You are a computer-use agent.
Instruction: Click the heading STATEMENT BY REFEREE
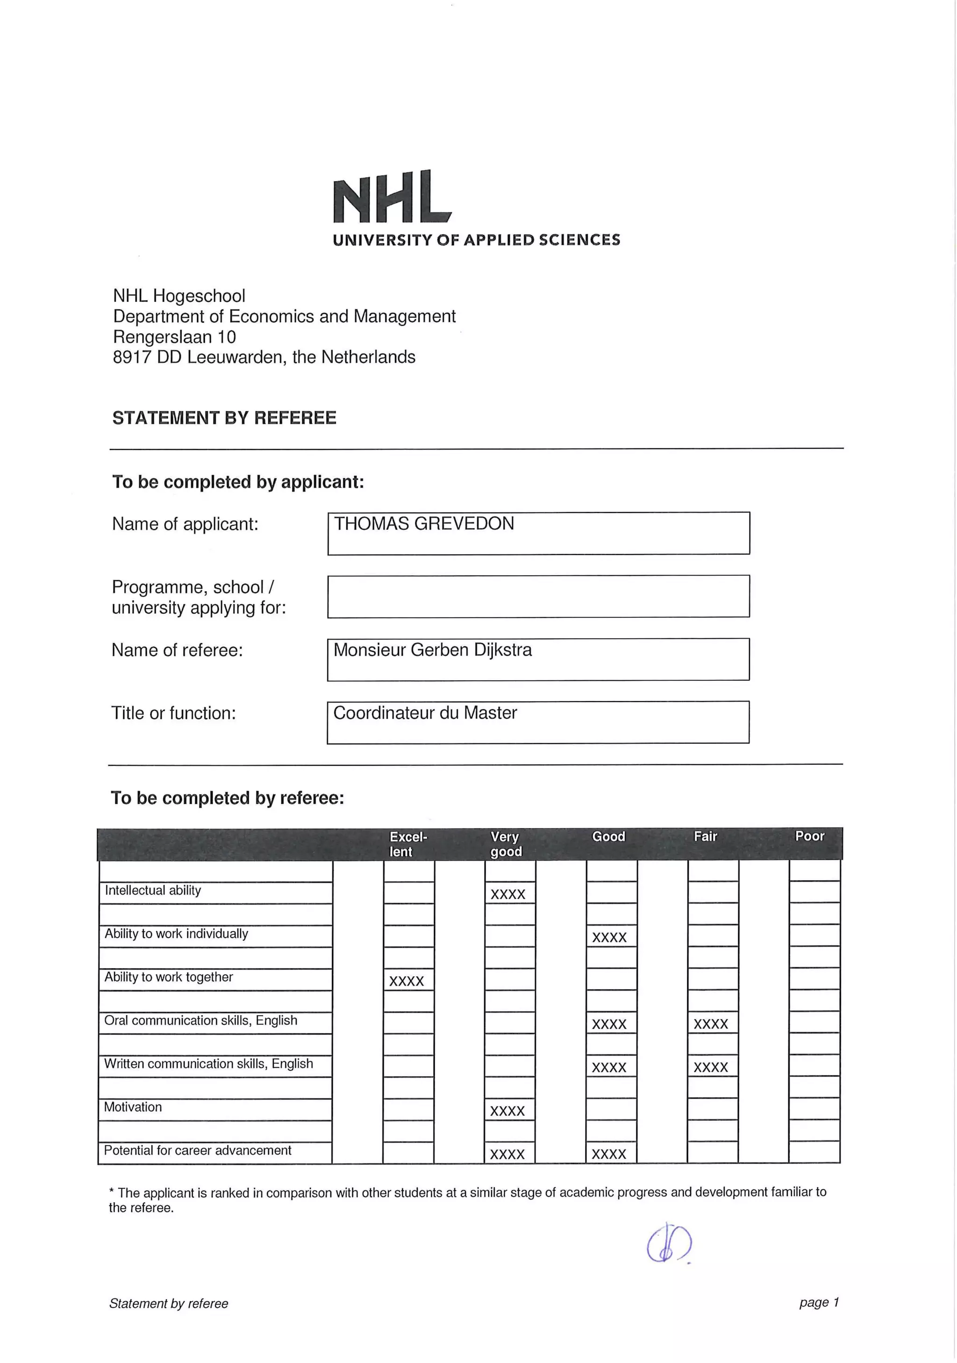[224, 418]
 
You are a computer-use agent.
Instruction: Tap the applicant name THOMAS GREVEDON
[423, 524]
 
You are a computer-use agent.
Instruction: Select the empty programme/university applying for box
[538, 596]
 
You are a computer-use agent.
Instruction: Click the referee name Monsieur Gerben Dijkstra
[432, 650]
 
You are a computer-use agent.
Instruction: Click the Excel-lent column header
[408, 843]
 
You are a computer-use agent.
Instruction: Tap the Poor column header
[809, 836]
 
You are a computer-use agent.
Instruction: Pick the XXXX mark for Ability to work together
[407, 981]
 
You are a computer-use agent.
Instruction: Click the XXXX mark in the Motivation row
[507, 1111]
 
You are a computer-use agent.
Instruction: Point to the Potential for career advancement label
[197, 1150]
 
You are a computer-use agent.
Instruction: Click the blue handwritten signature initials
[668, 1244]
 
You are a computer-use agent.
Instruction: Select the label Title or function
[173, 713]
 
